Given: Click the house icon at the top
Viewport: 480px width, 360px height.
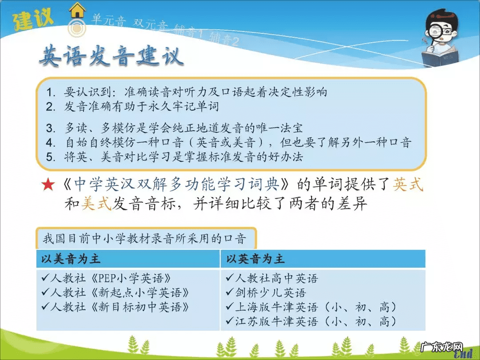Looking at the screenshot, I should click(x=77, y=10).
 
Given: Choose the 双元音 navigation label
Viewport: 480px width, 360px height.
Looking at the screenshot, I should click(x=151, y=24).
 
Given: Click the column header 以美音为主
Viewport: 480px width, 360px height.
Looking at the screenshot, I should click(x=71, y=259).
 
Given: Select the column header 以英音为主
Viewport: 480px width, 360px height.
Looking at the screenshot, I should click(x=256, y=259).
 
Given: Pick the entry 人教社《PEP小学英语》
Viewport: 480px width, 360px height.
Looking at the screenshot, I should click(x=107, y=279).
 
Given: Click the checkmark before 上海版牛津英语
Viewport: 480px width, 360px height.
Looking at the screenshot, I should click(x=230, y=307).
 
